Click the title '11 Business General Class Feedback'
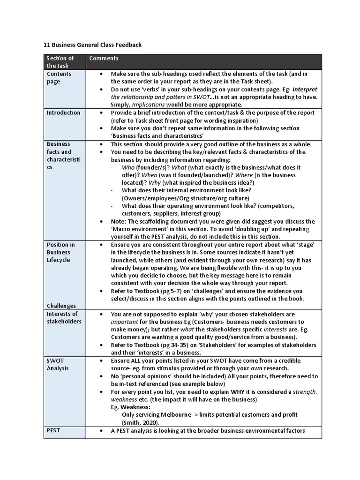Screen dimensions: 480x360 click(x=92, y=45)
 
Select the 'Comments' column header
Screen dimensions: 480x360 click(x=104, y=59)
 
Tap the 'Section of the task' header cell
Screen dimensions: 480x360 click(x=60, y=62)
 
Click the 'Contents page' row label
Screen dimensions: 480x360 click(x=59, y=77)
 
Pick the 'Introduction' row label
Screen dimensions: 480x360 click(x=63, y=112)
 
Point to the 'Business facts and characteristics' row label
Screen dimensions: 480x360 click(x=60, y=156)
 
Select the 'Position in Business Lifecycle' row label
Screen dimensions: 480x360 click(x=60, y=252)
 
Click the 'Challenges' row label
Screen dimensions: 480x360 click(x=62, y=306)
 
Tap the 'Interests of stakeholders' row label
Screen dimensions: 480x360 click(x=62, y=317)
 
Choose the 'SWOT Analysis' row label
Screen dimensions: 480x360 click(x=57, y=364)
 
